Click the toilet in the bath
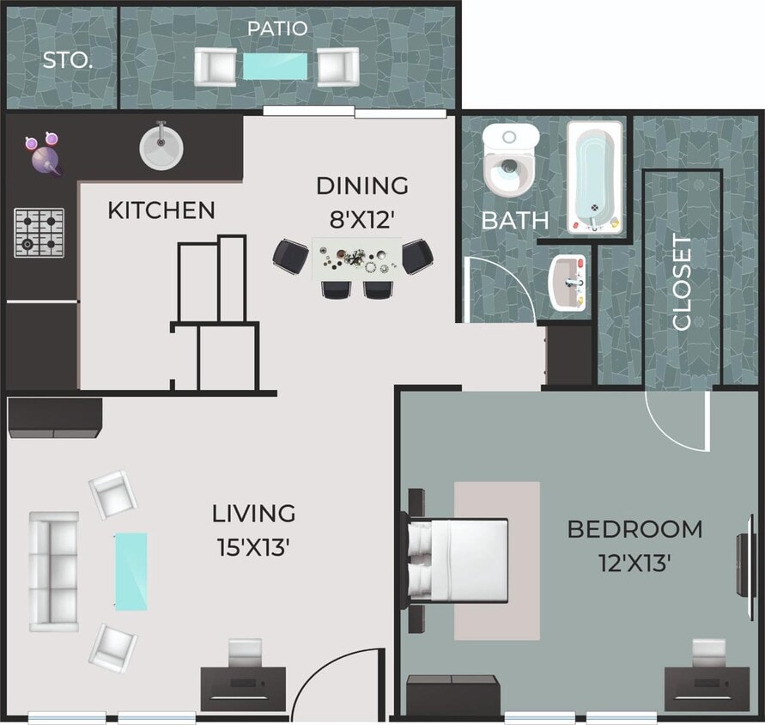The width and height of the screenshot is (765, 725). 510,161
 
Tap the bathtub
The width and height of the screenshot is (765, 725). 594,177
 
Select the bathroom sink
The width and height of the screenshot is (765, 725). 568,281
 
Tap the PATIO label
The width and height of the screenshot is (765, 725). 276,28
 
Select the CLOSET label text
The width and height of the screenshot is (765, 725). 683,283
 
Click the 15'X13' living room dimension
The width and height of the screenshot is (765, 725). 253,546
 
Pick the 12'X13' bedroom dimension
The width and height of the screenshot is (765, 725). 634,563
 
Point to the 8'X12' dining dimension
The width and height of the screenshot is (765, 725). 361,219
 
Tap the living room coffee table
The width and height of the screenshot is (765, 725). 131,571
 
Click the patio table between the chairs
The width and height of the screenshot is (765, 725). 276,67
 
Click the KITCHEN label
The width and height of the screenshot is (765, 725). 161,210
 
